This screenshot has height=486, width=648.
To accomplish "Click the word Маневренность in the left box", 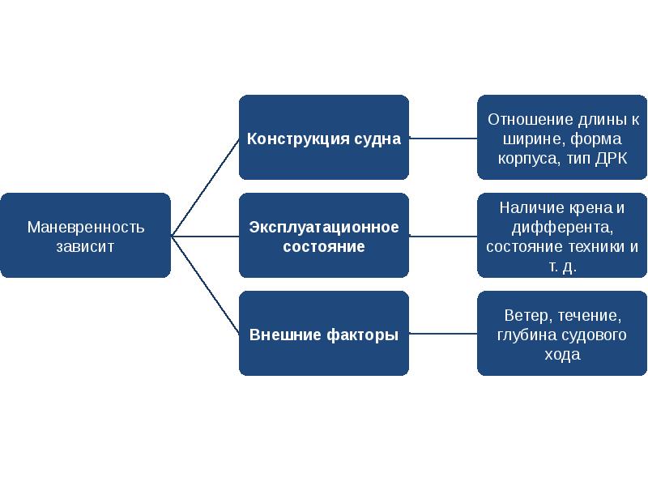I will click(x=86, y=227).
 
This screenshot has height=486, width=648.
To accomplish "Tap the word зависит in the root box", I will click(x=86, y=246).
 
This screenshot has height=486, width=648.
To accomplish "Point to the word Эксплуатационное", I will click(x=324, y=227).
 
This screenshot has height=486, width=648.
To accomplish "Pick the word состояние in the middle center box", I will click(x=324, y=246).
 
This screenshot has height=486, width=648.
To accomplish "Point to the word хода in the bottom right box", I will click(x=562, y=355).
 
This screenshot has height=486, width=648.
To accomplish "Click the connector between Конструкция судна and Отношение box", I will click(x=443, y=139).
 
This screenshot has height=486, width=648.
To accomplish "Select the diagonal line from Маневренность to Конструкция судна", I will click(x=204, y=187).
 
